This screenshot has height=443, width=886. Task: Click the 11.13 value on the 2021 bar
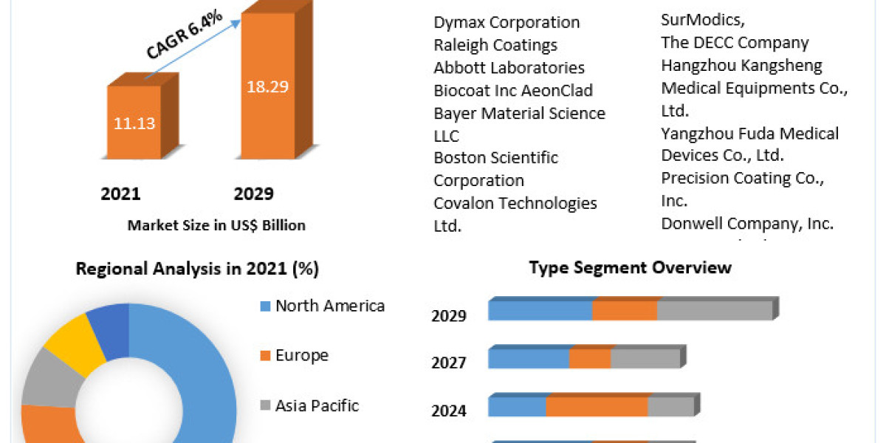coord(134,123)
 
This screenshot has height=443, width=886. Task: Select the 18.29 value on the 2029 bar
coord(267,86)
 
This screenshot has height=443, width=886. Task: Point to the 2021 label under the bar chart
coord(120,194)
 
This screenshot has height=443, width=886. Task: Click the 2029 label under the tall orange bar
coord(253,194)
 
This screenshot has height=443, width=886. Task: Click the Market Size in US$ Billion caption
coord(216,225)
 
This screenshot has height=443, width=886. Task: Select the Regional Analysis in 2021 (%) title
coord(197,269)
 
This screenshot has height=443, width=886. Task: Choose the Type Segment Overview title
coord(630,267)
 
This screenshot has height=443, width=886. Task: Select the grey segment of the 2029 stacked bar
coord(714,311)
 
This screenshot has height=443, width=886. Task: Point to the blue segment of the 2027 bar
coord(529,360)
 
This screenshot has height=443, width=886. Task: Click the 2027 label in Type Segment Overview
coord(449,363)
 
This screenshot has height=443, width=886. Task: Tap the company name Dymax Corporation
coord(506,22)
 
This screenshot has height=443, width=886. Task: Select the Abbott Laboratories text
coord(509,68)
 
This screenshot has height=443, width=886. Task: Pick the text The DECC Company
coord(735,43)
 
